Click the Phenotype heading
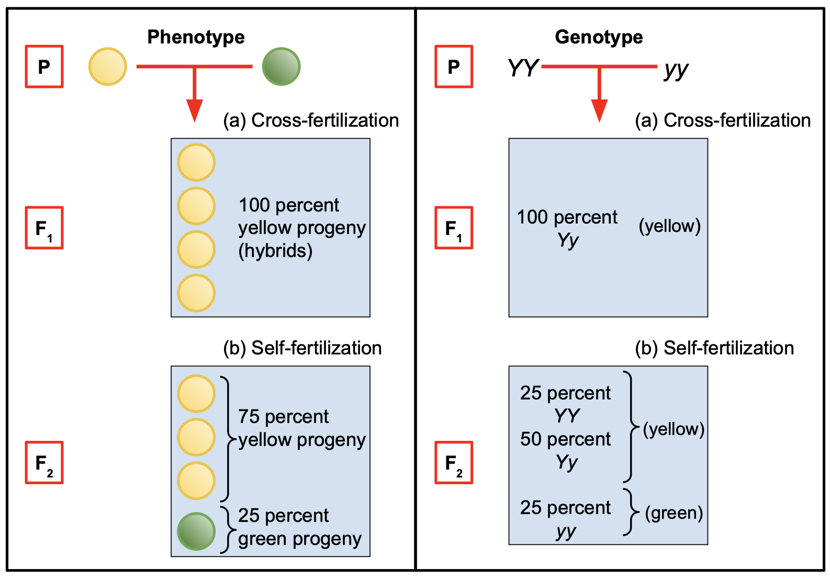(x=196, y=37)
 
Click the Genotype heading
(x=599, y=37)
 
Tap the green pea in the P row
(x=281, y=66)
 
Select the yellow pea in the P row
(x=108, y=66)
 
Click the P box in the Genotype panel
(x=454, y=66)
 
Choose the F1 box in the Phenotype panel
(x=44, y=228)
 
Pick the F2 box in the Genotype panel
(x=454, y=462)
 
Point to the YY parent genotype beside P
(x=523, y=68)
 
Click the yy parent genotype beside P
(x=676, y=69)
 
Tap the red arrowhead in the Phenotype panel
(x=194, y=110)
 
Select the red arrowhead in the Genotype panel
(x=599, y=110)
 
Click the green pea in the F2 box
(x=196, y=531)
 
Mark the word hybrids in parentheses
(x=275, y=251)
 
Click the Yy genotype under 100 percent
(x=568, y=240)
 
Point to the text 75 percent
(x=283, y=417)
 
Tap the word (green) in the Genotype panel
(x=674, y=513)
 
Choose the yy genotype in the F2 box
(x=566, y=531)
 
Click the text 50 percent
(x=565, y=439)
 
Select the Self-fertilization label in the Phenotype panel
(x=316, y=348)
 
